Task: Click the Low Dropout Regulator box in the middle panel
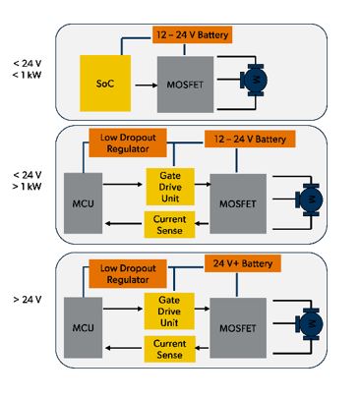point(128,143)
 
